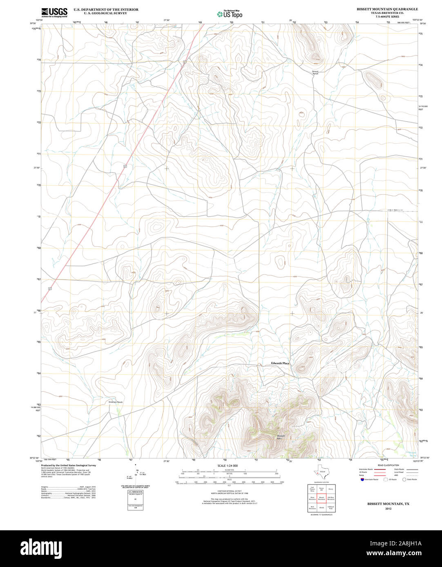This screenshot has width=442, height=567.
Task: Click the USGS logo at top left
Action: (54, 12)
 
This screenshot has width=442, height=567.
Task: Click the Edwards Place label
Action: (280, 363)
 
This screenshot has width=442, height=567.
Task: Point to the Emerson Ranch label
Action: (115, 402)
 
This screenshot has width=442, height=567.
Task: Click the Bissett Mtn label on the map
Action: (281, 436)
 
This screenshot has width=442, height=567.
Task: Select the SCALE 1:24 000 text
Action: (228, 465)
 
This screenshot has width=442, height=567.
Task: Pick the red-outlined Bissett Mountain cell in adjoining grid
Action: (321, 498)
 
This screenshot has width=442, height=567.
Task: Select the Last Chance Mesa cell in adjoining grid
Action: (312, 489)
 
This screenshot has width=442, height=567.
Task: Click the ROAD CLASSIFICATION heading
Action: (388, 465)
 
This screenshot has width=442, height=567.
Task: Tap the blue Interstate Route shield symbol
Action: (362, 479)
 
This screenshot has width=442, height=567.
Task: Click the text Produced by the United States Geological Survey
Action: (69, 465)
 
